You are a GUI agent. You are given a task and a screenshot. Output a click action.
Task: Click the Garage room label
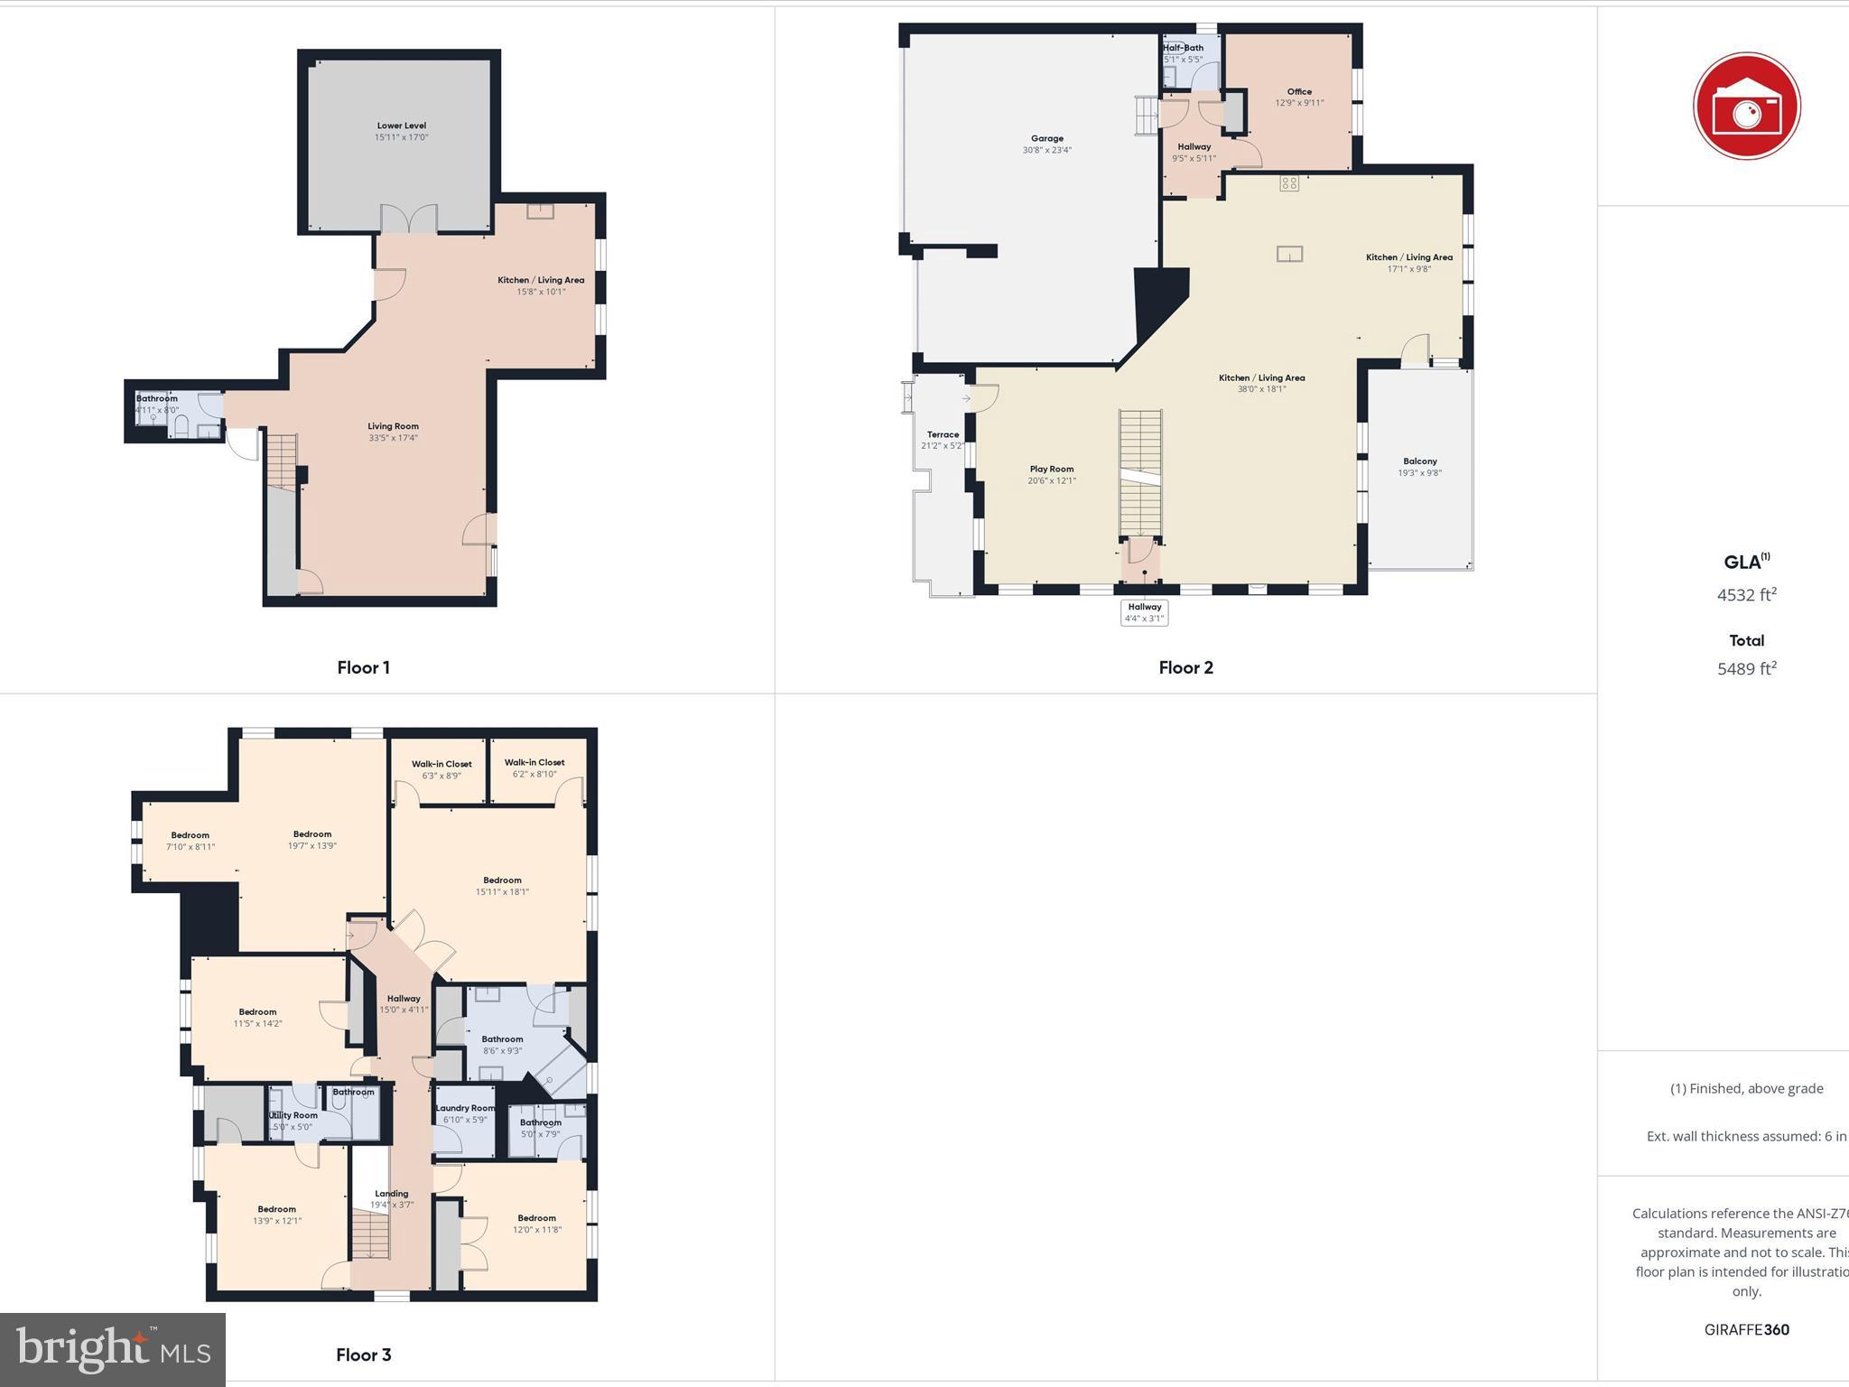tap(1046, 139)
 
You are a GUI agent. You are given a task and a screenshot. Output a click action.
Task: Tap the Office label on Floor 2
tap(1299, 92)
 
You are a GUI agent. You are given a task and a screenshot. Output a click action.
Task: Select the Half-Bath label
tap(1183, 48)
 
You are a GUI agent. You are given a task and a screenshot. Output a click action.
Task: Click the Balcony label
tap(1419, 461)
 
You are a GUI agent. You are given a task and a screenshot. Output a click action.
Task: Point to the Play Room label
tap(1052, 470)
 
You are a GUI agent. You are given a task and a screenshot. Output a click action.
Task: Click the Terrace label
tap(943, 435)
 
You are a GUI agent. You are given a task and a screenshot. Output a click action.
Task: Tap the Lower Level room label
tap(402, 126)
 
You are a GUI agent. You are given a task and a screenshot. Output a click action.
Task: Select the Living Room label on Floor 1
tap(393, 427)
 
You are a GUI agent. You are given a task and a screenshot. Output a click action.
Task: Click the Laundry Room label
tap(465, 1109)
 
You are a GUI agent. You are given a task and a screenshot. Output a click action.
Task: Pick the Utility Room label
tap(293, 1116)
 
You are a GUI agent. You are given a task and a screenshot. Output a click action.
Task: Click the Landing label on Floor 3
tap(392, 1194)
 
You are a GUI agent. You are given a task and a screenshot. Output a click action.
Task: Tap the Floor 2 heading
tap(1185, 667)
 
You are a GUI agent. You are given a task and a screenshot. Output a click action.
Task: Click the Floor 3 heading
tap(363, 1354)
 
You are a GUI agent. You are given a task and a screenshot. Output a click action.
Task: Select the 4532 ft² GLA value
tap(1746, 595)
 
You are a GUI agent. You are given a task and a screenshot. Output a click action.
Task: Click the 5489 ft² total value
tap(1746, 669)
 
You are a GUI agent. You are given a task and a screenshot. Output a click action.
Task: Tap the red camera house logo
tap(1746, 107)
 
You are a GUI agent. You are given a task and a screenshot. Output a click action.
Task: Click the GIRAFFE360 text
tap(1746, 1329)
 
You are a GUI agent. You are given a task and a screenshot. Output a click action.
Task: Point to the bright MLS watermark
tap(113, 1349)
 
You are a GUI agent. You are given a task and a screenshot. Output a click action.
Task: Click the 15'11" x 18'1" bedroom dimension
tap(502, 892)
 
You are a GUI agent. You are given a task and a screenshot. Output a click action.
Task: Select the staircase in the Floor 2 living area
tap(1140, 474)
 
